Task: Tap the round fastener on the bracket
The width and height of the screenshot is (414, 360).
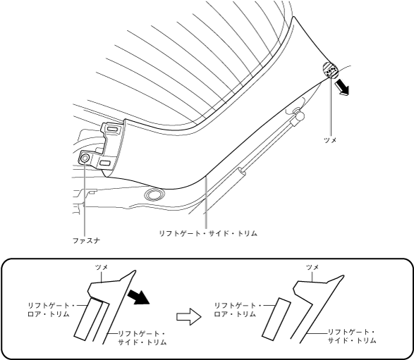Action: [x=85, y=159]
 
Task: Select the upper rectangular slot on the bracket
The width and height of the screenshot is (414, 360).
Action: [x=113, y=130]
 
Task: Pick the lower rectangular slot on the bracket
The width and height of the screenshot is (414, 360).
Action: [x=105, y=163]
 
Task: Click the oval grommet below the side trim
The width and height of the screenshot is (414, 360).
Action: [x=154, y=195]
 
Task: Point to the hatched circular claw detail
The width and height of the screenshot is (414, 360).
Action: [x=330, y=70]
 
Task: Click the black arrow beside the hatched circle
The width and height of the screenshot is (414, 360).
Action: [x=343, y=88]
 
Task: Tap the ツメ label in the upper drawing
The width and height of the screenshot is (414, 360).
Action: [x=330, y=140]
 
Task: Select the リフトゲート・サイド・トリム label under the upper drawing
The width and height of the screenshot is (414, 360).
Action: [x=208, y=233]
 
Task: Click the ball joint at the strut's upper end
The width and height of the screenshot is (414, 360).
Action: [x=299, y=114]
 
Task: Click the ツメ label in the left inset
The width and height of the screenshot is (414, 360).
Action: [x=102, y=267]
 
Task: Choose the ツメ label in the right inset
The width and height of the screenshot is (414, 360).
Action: [x=312, y=268]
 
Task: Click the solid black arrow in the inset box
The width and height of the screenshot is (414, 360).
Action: [x=138, y=297]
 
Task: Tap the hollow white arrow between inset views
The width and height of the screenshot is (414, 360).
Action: [x=189, y=316]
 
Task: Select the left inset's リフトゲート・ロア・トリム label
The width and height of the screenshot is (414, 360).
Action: [x=51, y=310]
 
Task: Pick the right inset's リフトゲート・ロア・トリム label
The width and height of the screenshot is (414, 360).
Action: [x=237, y=310]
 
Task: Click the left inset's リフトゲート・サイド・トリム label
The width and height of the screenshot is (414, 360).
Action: [x=142, y=338]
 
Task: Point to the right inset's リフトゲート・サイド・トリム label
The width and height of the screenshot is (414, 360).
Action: [x=352, y=336]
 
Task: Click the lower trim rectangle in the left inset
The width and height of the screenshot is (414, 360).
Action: [x=88, y=319]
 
